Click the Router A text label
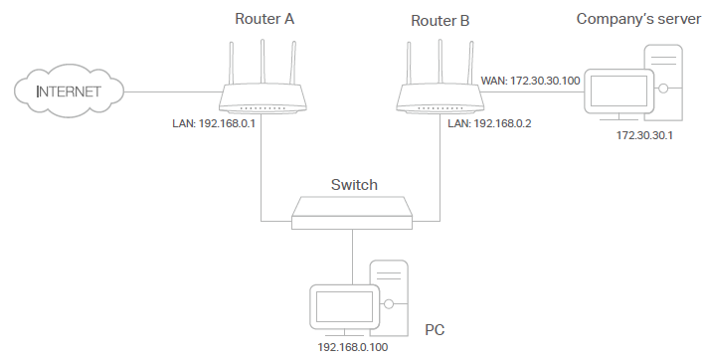click(x=264, y=18)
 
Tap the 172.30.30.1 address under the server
click(x=644, y=134)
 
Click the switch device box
click(x=352, y=212)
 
